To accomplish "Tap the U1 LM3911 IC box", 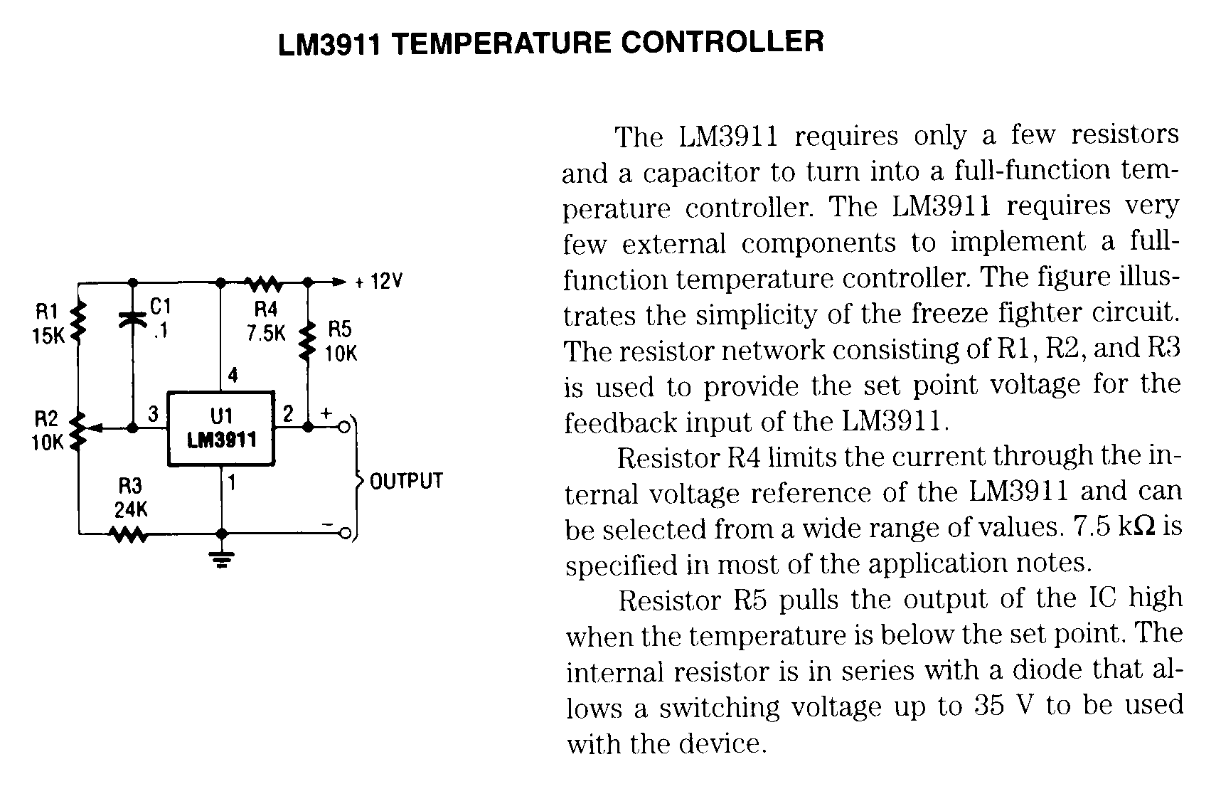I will [x=221, y=428].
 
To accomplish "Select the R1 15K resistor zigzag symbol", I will [x=80, y=322].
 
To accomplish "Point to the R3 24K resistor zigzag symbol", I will [x=129, y=534].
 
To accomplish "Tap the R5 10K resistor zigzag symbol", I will [x=308, y=341].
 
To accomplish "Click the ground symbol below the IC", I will [x=222, y=561].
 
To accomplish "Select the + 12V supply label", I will [x=378, y=282].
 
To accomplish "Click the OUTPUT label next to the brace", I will [x=406, y=481].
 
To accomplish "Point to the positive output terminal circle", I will [x=345, y=427].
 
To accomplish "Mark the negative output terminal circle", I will [x=345, y=534].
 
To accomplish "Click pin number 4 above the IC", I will [x=233, y=375].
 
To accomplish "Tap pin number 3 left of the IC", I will [x=153, y=413].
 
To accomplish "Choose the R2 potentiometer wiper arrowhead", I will [x=97, y=428].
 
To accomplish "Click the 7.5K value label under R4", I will [x=265, y=333].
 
